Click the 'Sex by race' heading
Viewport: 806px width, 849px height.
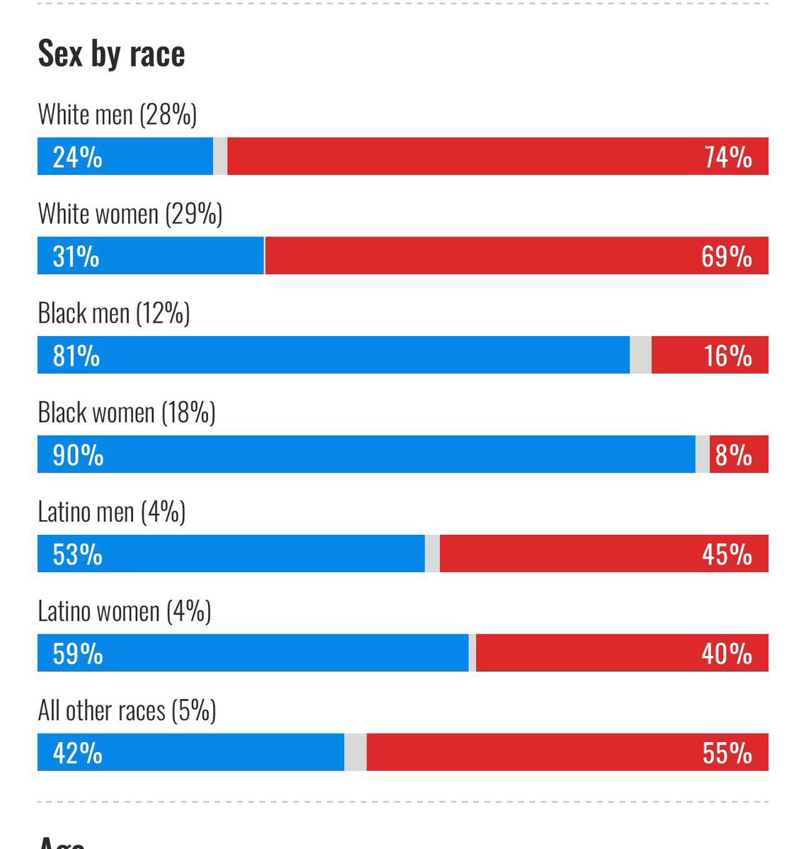pos(111,54)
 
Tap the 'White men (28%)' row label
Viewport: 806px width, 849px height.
pos(117,115)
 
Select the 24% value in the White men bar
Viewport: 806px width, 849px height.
pos(77,157)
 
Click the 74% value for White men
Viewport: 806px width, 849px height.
pos(727,157)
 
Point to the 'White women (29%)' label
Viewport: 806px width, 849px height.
pos(129,214)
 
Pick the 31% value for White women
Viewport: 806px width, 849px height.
pos(76,256)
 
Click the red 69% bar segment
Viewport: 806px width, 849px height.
pos(516,256)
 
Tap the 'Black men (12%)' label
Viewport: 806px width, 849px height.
pos(113,313)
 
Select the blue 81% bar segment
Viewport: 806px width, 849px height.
pos(333,355)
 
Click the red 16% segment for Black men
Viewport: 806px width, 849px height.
pos(710,355)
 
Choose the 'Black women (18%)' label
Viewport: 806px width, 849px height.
pos(126,412)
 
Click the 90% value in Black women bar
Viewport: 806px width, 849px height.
pos(78,455)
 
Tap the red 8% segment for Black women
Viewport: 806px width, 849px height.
pos(739,455)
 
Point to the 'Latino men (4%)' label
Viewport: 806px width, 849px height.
pos(111,512)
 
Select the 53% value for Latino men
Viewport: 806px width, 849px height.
pos(77,554)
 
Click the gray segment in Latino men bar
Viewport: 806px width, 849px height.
pos(432,554)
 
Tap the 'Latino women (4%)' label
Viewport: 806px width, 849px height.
pos(124,611)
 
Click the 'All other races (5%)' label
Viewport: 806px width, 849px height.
pos(127,710)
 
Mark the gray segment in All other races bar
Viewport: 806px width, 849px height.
pos(355,753)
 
